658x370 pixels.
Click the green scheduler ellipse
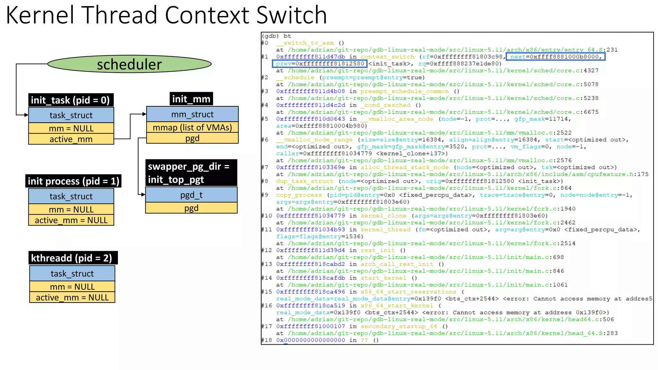129,64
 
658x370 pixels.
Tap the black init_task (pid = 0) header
70,100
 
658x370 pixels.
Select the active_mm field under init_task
71,139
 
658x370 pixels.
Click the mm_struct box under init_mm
192,114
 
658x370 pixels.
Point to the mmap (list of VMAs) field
192,128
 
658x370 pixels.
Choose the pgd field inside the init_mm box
192,138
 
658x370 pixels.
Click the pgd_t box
191,195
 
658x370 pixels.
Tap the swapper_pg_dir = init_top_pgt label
191,173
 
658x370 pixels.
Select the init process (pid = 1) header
73,181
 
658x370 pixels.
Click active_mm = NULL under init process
71,220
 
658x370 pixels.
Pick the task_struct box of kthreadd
72,273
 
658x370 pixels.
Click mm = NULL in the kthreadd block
72,286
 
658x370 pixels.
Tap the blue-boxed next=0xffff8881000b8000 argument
556,57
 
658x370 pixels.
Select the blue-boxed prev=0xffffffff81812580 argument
320,64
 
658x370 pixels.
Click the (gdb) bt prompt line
276,36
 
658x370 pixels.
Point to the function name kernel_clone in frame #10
383,216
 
